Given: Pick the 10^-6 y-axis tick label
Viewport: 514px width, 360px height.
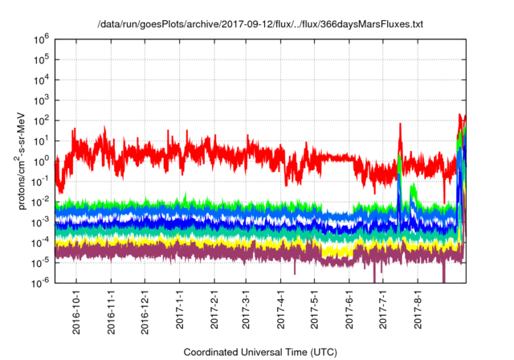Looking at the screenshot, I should click(x=40, y=282).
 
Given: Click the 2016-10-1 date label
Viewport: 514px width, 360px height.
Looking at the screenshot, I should click(x=77, y=310).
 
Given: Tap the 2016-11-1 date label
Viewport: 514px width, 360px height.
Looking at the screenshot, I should click(x=111, y=310).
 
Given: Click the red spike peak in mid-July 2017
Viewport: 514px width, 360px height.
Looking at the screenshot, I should click(x=400, y=125).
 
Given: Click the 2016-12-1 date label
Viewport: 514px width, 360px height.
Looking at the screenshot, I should click(x=145, y=310).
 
